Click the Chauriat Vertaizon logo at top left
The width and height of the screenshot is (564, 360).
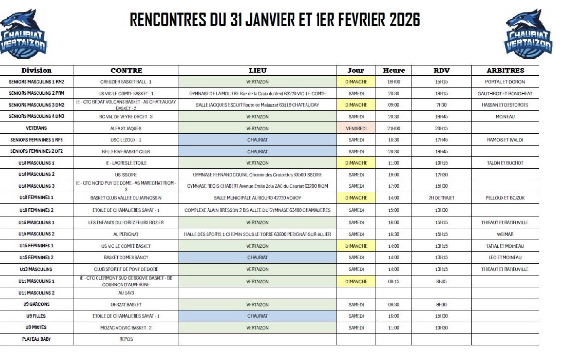24,34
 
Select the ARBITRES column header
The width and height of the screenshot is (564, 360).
505,71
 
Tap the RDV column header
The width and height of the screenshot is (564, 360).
441,71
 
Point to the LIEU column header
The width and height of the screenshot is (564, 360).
257,71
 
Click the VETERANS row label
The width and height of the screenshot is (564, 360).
37,128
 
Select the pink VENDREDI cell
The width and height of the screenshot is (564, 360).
356,128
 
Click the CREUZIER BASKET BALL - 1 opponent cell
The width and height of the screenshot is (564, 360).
126,82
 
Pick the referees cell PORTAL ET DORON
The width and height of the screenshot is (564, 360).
505,82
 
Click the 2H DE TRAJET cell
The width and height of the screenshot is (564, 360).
441,198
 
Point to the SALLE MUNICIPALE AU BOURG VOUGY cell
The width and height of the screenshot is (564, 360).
257,198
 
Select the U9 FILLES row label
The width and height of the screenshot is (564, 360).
37,316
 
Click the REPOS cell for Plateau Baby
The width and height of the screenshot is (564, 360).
126,339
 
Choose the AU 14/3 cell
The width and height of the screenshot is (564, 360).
126,293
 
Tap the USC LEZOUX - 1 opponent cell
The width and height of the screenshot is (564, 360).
126,140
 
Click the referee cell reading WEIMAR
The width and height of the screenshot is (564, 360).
505,234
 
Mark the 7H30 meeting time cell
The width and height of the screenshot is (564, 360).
441,105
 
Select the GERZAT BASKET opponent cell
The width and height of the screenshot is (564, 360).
126,304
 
